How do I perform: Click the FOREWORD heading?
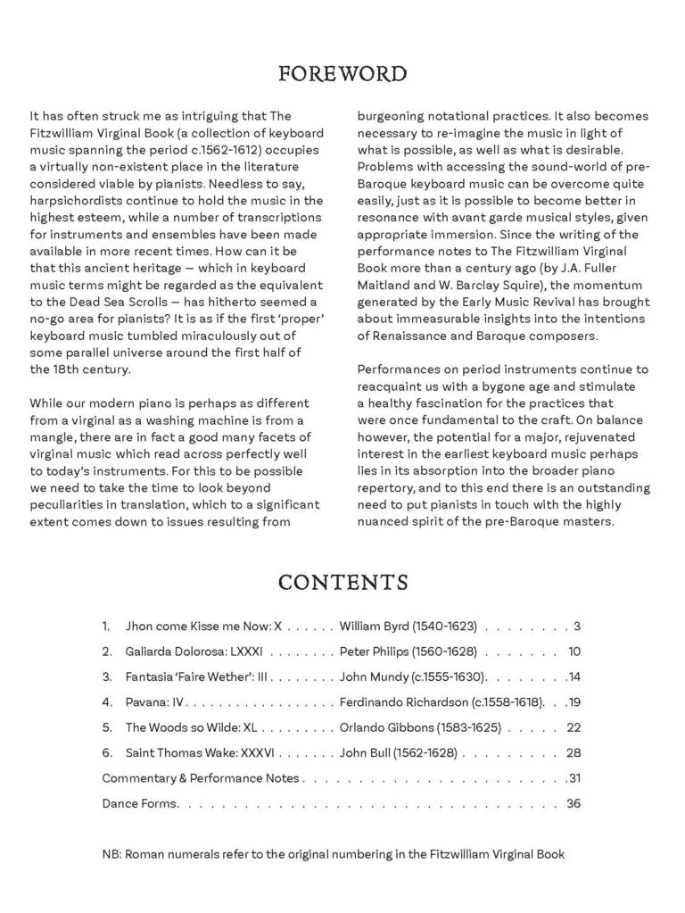click(342, 73)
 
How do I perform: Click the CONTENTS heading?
click(342, 583)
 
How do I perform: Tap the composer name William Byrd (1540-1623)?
click(409, 627)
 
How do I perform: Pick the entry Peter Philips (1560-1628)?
click(409, 652)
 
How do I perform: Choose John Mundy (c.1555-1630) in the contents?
click(412, 677)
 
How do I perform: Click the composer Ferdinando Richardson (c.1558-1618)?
click(442, 702)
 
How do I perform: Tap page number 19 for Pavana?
click(574, 702)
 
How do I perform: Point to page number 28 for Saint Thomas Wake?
click(574, 753)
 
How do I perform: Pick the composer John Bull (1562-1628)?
click(398, 753)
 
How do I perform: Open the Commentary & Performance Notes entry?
click(201, 778)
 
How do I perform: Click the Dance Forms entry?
click(140, 804)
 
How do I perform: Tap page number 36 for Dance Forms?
click(574, 804)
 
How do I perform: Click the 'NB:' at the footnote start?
click(111, 854)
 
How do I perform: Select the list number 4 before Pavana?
click(106, 702)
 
